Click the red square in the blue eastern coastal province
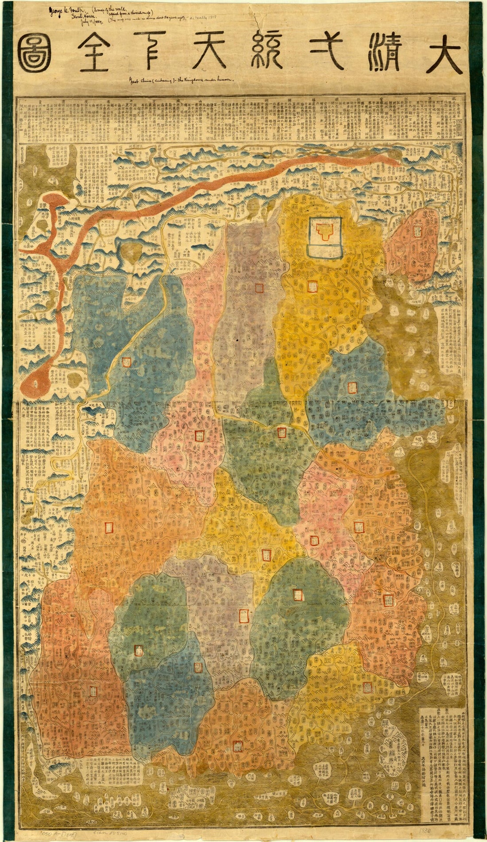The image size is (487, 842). pos(352,387)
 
